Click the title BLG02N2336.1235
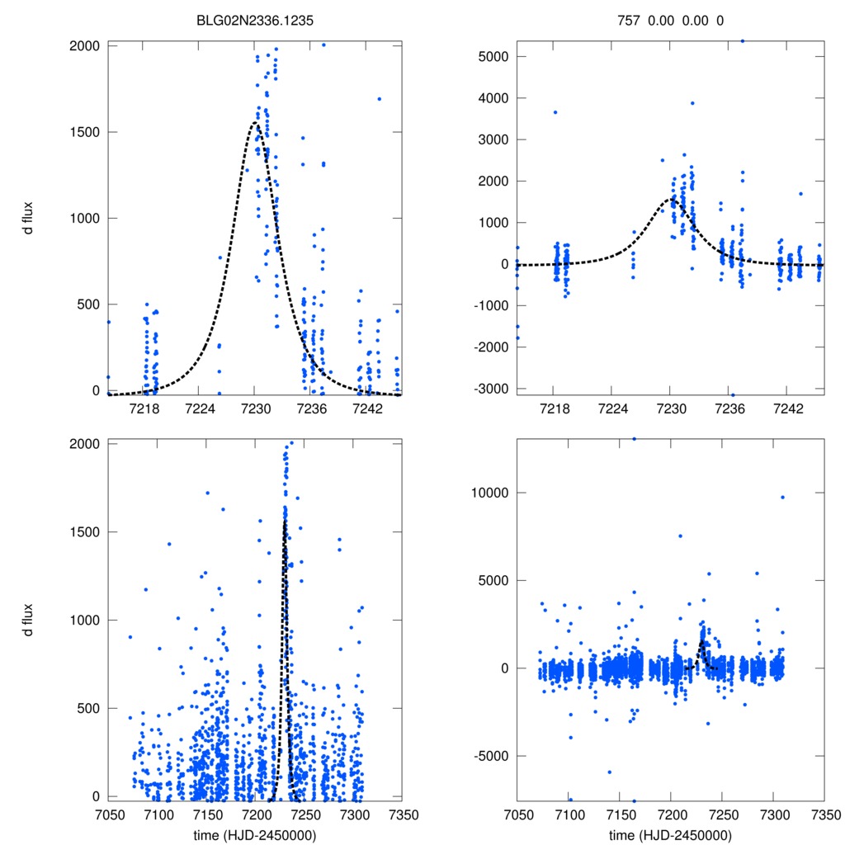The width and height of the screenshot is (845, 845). point(254,20)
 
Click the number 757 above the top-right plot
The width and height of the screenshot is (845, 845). point(628,20)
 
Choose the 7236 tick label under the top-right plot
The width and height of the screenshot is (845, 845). point(731,408)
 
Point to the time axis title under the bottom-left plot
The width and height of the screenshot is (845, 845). point(254,834)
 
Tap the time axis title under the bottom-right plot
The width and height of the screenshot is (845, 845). point(670,834)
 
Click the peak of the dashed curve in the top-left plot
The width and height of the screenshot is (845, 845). point(255,123)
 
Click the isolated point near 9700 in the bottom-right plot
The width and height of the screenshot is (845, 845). point(782,497)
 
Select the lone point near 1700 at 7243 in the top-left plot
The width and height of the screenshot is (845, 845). point(379,99)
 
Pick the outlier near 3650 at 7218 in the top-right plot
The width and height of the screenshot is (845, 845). point(555,112)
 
